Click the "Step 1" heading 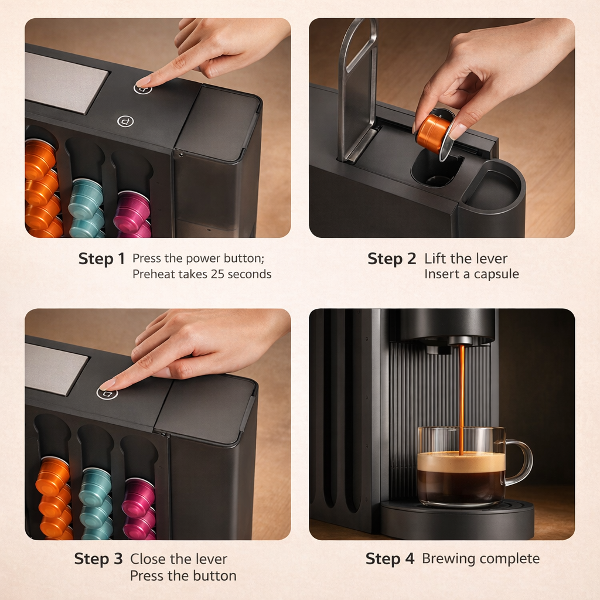click(101, 259)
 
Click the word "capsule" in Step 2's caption click(496, 274)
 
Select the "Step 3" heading click(98, 559)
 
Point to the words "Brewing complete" click(480, 559)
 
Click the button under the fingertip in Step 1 click(142, 88)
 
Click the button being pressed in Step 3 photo click(107, 393)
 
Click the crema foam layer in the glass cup click(461, 462)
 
